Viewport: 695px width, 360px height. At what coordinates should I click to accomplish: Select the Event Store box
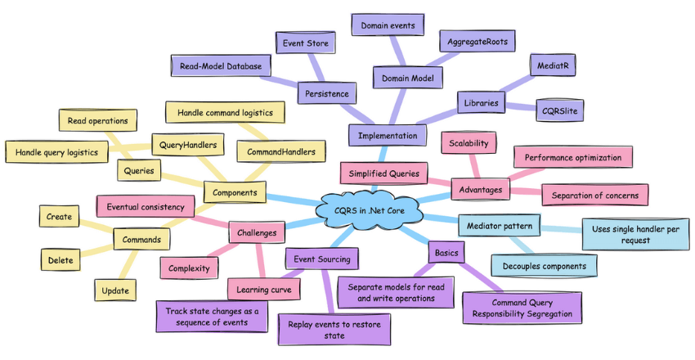pyautogui.click(x=306, y=43)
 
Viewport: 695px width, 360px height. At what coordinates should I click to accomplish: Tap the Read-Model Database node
pyautogui.click(x=221, y=65)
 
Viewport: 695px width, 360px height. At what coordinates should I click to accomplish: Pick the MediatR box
pyautogui.click(x=552, y=64)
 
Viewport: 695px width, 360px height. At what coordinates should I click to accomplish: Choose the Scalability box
pyautogui.click(x=468, y=143)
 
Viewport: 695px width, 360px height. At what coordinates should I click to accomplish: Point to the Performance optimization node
pyautogui.click(x=572, y=157)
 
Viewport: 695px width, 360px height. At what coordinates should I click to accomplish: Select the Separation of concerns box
pyautogui.click(x=594, y=195)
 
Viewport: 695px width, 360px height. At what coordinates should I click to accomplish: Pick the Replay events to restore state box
pyautogui.click(x=329, y=329)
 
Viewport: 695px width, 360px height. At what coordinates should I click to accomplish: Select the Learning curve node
pyautogui.click(x=262, y=289)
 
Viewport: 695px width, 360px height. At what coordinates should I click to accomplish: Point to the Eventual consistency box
pyautogui.click(x=145, y=207)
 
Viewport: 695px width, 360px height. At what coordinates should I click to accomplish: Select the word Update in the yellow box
pyautogui.click(x=114, y=290)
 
